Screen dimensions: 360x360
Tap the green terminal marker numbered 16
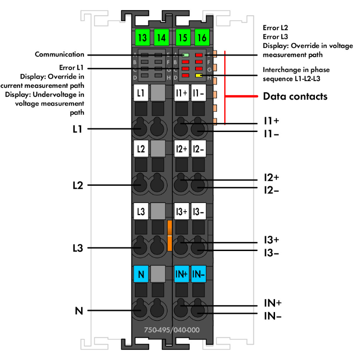coord(202,36)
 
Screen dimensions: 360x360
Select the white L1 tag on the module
coord(140,93)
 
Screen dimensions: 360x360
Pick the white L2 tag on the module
coord(140,149)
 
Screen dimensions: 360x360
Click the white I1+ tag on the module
coord(181,93)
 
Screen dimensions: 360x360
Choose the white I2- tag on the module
coord(198,149)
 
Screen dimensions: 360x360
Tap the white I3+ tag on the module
coord(181,211)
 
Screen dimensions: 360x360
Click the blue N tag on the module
coord(140,274)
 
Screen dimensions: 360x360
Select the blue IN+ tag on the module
coord(181,274)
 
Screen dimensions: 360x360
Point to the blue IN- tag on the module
coord(198,274)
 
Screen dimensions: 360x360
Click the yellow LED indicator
coord(199,75)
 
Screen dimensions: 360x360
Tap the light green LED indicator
coord(185,56)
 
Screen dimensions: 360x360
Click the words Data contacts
coord(295,96)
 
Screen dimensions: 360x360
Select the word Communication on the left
coord(60,55)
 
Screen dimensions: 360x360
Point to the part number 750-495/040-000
coord(171,330)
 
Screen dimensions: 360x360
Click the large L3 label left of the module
coord(77,248)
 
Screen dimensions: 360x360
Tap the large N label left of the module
coord(79,311)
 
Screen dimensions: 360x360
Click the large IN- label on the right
coord(272,316)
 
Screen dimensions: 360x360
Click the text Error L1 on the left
coord(72,69)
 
